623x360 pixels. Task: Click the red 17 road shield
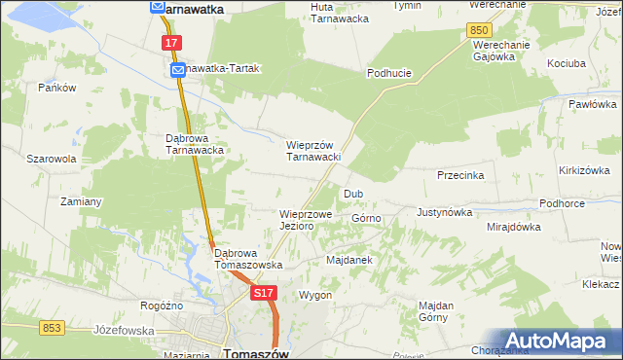tap(171, 43)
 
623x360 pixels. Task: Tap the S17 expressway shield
tap(262, 292)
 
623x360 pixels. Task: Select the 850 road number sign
tap(478, 31)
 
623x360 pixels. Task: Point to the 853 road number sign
tap(53, 328)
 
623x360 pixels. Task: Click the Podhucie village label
tap(388, 73)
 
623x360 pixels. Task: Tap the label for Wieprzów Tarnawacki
tap(311, 151)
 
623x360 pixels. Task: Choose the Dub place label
tap(352, 194)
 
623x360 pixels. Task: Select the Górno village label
tap(366, 219)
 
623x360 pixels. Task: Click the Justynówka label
tap(444, 211)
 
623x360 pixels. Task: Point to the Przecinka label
tap(460, 176)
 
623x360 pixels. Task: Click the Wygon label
tap(315, 295)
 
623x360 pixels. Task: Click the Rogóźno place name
tap(162, 305)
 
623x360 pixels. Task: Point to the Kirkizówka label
tap(584, 169)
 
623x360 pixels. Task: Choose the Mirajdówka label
tap(513, 227)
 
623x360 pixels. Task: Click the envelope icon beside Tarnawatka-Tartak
tap(178, 71)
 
